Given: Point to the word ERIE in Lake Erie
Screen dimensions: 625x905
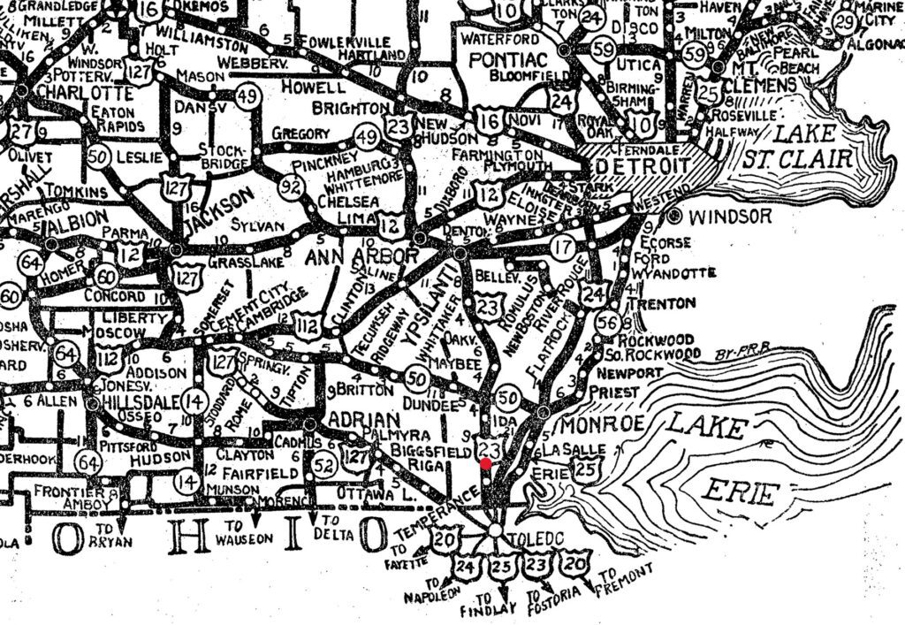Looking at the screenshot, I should pos(741,492).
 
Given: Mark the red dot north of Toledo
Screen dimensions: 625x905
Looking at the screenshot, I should pos(486,461).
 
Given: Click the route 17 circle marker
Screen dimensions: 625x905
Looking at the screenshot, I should pos(563,249).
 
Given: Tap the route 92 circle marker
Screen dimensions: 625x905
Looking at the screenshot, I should pos(291,187).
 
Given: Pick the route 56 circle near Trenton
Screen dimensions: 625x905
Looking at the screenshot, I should pos(607,324).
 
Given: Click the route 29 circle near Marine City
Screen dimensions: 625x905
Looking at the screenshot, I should pos(846,21).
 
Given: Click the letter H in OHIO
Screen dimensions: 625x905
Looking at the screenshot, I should pos(185,536).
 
